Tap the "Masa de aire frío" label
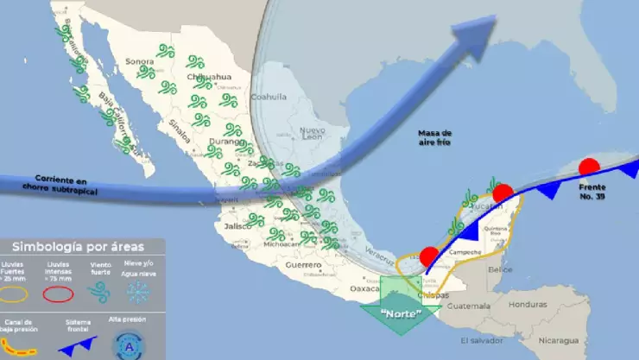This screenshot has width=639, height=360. pos(435,138)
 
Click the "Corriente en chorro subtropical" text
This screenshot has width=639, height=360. pos(55,186)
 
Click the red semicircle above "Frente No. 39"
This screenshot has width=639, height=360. pos(590,168)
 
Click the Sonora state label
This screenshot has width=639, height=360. pos(139,61)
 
